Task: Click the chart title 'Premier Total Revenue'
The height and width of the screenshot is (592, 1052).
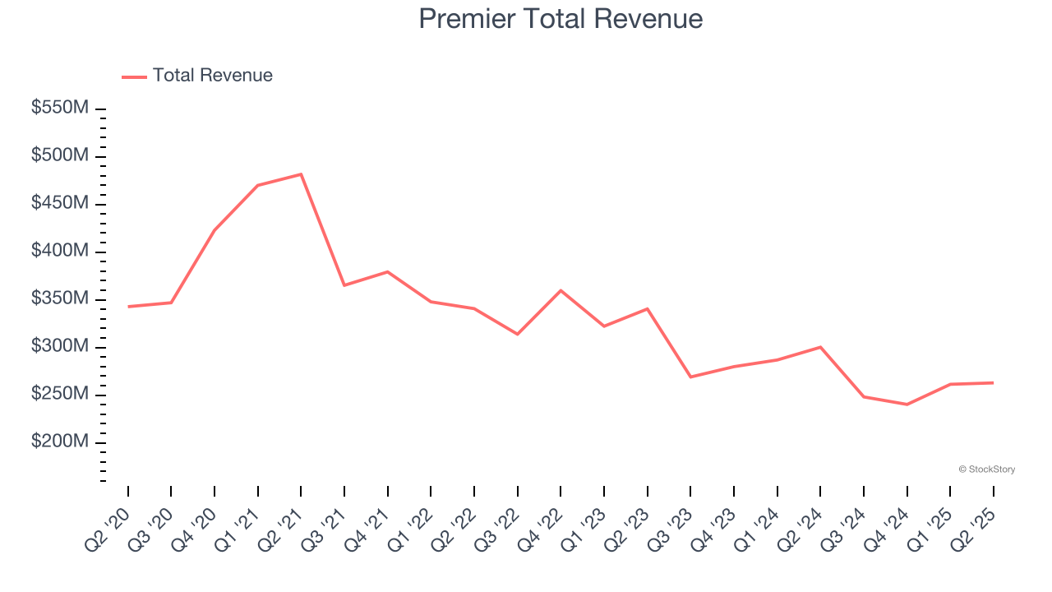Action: pos(561,18)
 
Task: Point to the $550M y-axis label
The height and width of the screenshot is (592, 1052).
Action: pos(60,108)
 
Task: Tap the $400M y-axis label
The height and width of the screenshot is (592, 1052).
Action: pos(60,251)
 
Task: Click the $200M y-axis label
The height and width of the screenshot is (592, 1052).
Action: pos(60,442)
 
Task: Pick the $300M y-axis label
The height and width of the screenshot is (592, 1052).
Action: pos(60,346)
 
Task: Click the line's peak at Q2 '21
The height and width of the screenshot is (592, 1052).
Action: pos(301,174)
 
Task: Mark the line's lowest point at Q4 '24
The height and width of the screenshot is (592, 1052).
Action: pos(907,405)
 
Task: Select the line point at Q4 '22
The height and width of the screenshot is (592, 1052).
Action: pos(561,290)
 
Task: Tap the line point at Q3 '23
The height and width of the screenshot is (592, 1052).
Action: pos(690,377)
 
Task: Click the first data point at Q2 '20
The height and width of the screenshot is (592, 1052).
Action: pos(128,307)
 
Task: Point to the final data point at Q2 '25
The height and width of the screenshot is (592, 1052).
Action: pos(993,382)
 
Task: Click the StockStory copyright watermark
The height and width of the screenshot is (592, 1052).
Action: pos(986,469)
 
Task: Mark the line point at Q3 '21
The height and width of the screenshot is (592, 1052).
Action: pos(344,285)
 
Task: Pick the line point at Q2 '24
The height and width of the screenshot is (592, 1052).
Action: pos(820,347)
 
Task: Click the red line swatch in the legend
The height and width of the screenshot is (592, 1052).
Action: pos(134,76)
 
